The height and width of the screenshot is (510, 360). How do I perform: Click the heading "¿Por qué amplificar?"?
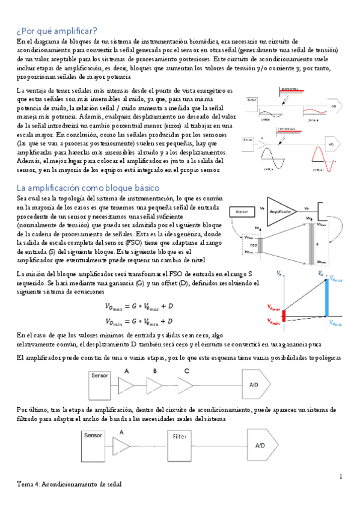point(53,28)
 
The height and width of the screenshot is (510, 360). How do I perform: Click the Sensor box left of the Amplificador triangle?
point(242,212)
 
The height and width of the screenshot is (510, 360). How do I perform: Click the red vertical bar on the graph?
point(286,314)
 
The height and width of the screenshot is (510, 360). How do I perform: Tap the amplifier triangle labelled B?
point(157,382)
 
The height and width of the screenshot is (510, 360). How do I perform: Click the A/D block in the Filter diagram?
point(260,446)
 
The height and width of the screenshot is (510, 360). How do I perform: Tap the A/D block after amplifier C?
point(258,383)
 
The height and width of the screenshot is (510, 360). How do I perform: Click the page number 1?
point(341,477)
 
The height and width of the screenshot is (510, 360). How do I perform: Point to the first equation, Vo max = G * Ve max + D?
point(138,307)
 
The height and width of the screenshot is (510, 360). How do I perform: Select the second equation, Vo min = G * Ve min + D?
point(138,321)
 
